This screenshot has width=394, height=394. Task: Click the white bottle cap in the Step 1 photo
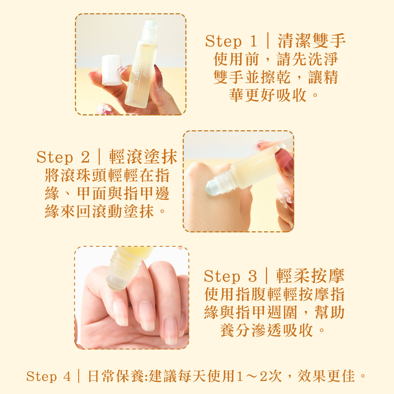tap(112, 70)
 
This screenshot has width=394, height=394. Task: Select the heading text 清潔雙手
tap(312, 41)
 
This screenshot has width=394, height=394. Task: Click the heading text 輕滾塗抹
tap(143, 157)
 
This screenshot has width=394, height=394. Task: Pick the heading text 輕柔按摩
tap(310, 276)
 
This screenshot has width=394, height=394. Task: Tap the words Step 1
tap(231, 41)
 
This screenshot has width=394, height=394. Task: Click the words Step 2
tap(63, 157)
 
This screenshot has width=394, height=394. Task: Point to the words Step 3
tap(230, 276)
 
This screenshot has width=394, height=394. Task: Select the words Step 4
tap(48, 377)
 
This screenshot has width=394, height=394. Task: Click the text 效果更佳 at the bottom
tap(326, 376)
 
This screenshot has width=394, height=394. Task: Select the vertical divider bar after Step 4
tap(79, 376)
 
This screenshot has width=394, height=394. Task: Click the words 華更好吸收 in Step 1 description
tap(268, 95)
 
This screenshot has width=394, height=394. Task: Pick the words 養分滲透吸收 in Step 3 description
tap(267, 330)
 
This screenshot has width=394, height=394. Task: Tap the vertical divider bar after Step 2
tap(100, 156)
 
